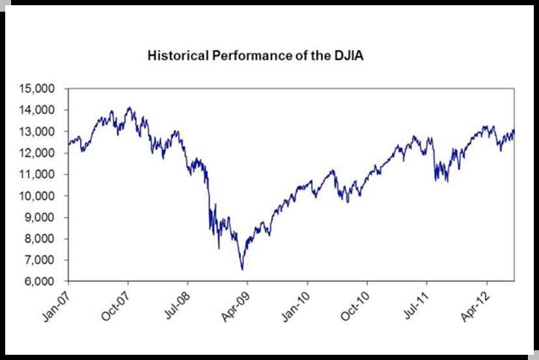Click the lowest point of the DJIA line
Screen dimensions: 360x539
click(242, 270)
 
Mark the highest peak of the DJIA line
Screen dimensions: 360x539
click(128, 107)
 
